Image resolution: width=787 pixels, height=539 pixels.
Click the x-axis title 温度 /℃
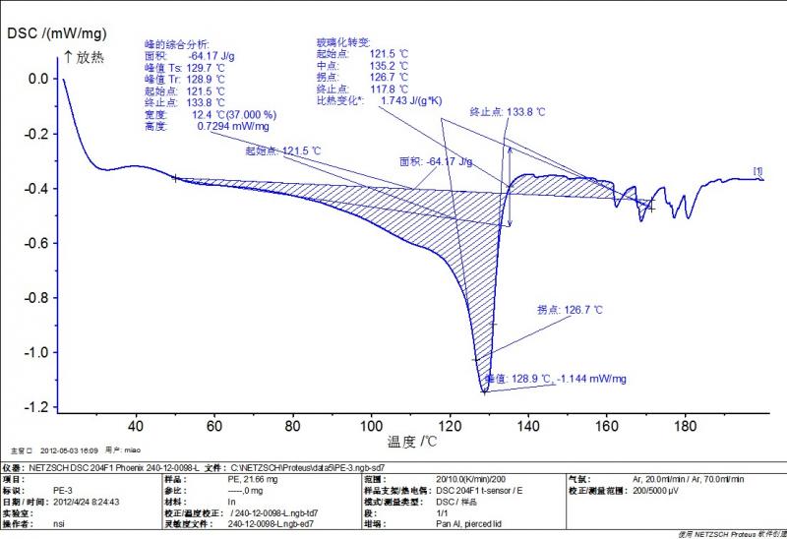[411, 442]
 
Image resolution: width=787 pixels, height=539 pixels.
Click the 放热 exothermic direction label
[90, 58]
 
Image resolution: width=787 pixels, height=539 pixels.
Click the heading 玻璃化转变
[341, 42]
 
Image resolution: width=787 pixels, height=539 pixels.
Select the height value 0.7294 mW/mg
[234, 126]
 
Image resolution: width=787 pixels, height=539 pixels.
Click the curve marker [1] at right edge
[757, 172]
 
